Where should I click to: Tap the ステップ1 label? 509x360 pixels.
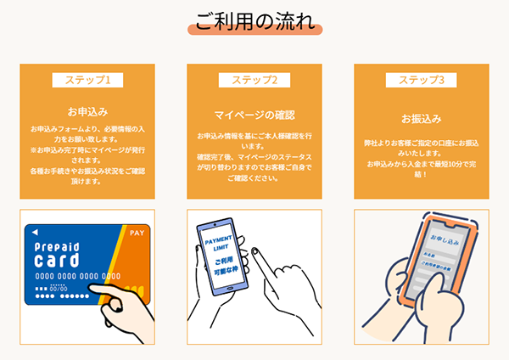[87, 81]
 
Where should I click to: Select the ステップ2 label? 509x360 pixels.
[255, 81]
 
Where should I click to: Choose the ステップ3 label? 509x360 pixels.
[421, 81]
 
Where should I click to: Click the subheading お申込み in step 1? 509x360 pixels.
[87, 111]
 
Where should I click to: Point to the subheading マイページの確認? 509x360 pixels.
[255, 115]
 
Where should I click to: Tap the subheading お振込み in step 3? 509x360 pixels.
[421, 118]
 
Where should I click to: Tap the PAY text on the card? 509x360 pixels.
[137, 231]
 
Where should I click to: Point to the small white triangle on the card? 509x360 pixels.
[35, 232]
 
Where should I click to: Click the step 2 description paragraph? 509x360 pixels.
[255, 157]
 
